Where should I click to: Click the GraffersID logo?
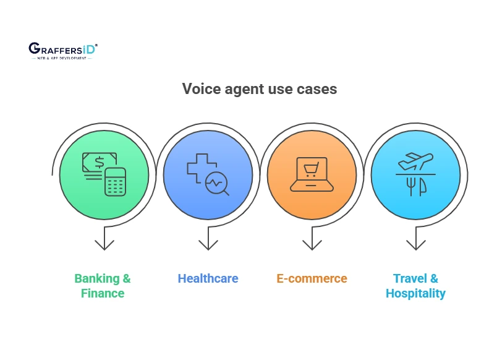[62, 50]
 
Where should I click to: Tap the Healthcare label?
[208, 278]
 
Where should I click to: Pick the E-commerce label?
[312, 278]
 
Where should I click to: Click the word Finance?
[103, 293]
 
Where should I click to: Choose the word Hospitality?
[415, 293]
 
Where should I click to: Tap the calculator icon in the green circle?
[115, 182]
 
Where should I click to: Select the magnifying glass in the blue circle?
[218, 184]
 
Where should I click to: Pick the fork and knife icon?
[415, 186]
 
